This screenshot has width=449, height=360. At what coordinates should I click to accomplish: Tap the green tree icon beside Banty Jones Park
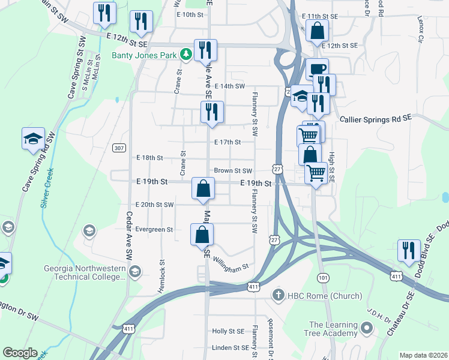[x=187, y=55]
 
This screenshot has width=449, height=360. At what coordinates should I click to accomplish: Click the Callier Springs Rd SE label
[x=376, y=119]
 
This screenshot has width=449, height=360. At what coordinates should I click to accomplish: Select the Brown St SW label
[x=232, y=171]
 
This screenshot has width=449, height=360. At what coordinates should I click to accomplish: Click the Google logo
[x=20, y=353]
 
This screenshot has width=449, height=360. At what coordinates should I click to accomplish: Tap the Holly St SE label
[x=228, y=331]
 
